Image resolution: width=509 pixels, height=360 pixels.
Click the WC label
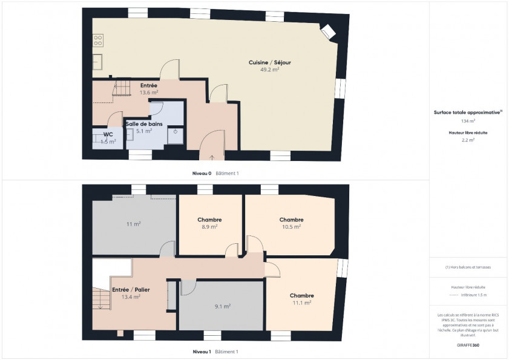(x=108, y=134)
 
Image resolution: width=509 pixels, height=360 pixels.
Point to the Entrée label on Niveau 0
(x=149, y=85)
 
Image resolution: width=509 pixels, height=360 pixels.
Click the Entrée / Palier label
(x=131, y=290)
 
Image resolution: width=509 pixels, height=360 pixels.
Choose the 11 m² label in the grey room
(x=134, y=224)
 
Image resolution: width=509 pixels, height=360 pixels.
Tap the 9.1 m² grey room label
(x=222, y=306)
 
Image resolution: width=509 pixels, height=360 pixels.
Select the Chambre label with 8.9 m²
(x=209, y=220)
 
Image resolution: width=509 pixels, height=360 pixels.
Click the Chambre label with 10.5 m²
(x=291, y=220)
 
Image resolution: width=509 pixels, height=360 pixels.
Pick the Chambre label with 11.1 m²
(x=301, y=295)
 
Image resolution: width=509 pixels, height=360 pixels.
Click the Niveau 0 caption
(x=202, y=173)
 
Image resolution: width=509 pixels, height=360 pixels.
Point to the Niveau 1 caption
(x=202, y=352)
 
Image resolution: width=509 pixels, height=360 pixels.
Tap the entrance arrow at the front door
(x=212, y=157)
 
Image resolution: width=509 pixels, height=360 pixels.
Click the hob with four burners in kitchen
(x=97, y=41)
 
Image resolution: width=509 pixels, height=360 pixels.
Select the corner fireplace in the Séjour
(x=328, y=31)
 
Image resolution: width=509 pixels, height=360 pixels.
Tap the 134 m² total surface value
(x=468, y=121)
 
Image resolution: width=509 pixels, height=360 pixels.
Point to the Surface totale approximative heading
(x=468, y=113)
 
